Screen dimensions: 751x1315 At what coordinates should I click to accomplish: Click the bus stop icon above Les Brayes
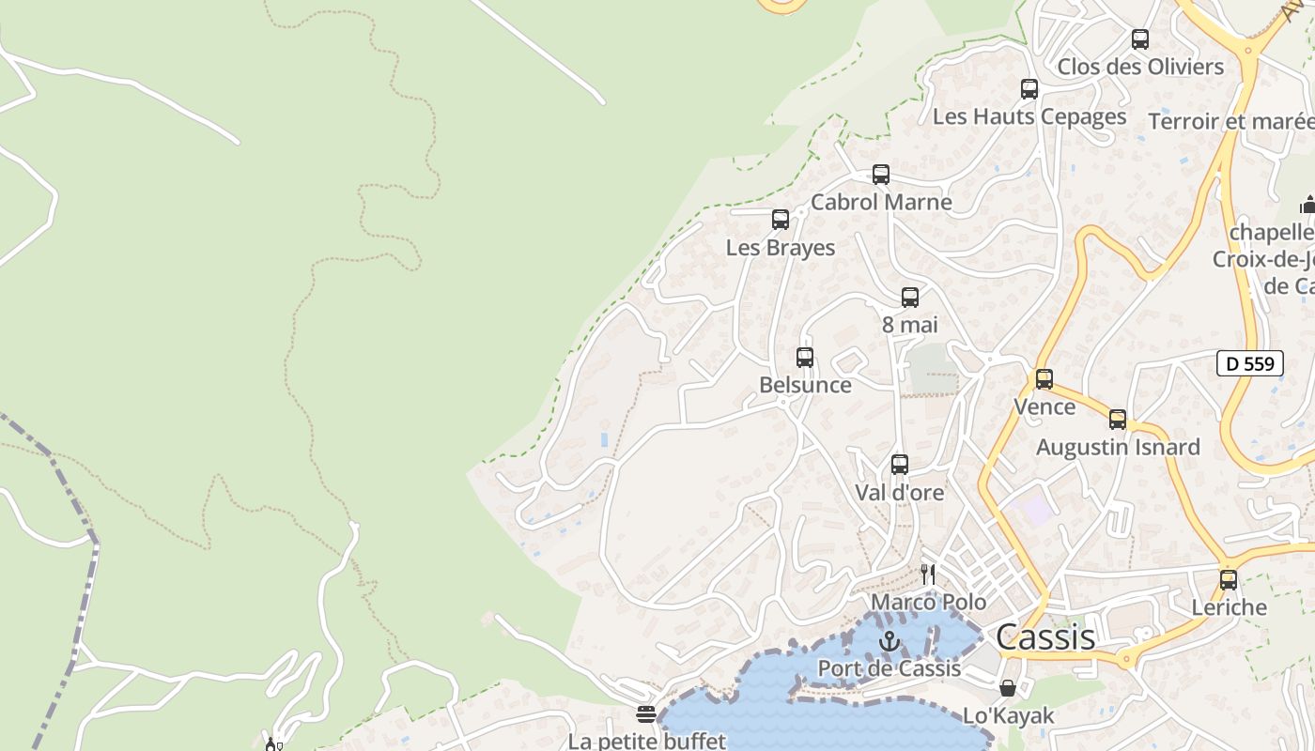(x=781, y=220)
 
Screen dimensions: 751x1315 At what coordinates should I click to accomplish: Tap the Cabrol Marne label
(x=881, y=202)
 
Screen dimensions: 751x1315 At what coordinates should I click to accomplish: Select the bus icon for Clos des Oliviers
(x=1140, y=39)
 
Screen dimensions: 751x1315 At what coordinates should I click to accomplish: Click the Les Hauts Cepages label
(x=1029, y=116)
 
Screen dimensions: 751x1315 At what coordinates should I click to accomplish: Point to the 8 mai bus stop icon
(x=910, y=298)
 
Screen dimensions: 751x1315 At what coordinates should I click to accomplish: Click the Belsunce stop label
(x=805, y=385)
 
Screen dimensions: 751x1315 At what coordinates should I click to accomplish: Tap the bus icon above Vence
(x=1044, y=379)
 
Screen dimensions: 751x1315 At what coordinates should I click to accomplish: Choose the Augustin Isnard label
(x=1118, y=447)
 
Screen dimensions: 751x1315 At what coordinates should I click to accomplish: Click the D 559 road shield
(x=1249, y=363)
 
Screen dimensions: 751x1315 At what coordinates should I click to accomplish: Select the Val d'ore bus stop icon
(x=900, y=465)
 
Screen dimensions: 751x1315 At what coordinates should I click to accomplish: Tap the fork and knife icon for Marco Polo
(x=928, y=574)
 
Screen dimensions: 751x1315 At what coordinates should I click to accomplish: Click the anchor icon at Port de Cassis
(x=889, y=641)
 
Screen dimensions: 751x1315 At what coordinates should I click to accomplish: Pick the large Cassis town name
(x=1045, y=637)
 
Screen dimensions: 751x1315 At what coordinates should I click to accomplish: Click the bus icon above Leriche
(x=1229, y=580)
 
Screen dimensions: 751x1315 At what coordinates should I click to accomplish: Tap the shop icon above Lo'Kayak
(x=1008, y=688)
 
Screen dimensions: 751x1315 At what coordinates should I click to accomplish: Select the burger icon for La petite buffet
(x=645, y=714)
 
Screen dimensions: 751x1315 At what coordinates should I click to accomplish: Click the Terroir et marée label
(x=1230, y=121)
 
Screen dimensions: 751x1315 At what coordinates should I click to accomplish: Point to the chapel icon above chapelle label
(x=1307, y=205)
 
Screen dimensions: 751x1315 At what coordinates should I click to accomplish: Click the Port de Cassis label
(x=889, y=668)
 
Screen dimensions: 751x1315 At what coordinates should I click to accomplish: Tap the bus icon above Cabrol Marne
(x=881, y=175)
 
